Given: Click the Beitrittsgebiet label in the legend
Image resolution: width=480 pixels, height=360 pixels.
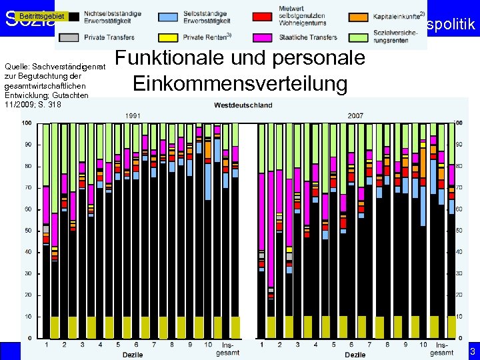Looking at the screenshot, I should [x=41, y=15].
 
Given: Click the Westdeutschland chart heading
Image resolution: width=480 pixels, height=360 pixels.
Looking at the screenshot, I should [x=243, y=105].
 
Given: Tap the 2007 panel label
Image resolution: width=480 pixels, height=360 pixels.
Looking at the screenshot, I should [x=355, y=115].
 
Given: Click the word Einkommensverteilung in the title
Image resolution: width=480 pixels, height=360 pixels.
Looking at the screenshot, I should [x=240, y=84].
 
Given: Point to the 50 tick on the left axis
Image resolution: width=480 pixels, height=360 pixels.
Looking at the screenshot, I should [x=27, y=231].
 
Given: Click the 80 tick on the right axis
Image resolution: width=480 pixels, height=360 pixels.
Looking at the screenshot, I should [x=459, y=166].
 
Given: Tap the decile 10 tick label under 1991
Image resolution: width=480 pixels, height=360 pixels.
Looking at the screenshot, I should [x=208, y=345].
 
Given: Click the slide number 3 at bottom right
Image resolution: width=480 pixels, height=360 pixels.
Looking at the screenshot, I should [x=472, y=351].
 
